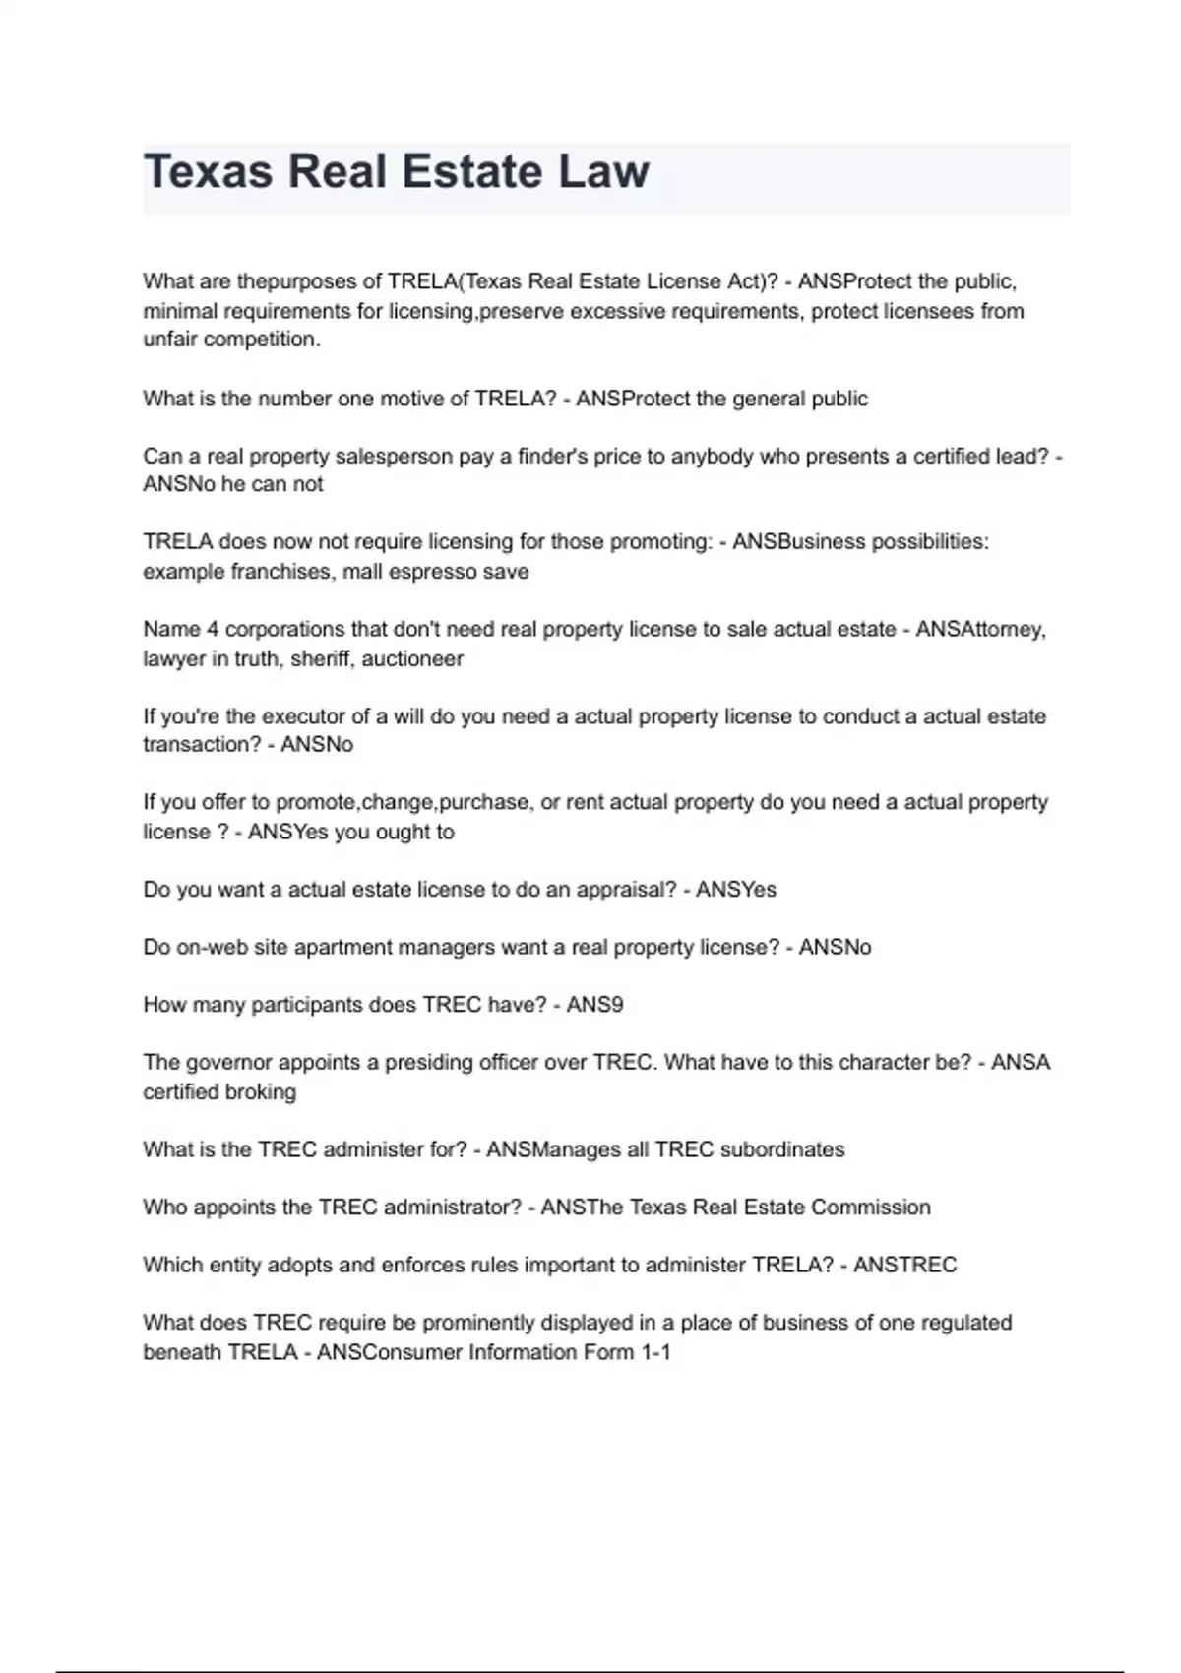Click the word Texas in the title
pyautogui.click(x=208, y=171)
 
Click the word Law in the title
pyautogui.click(x=603, y=171)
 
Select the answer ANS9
pyautogui.click(x=594, y=1005)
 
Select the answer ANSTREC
pyautogui.click(x=904, y=1265)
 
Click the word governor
pyautogui.click(x=227, y=1063)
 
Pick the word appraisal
pyautogui.click(x=626, y=890)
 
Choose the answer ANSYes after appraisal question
pyautogui.click(x=736, y=890)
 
